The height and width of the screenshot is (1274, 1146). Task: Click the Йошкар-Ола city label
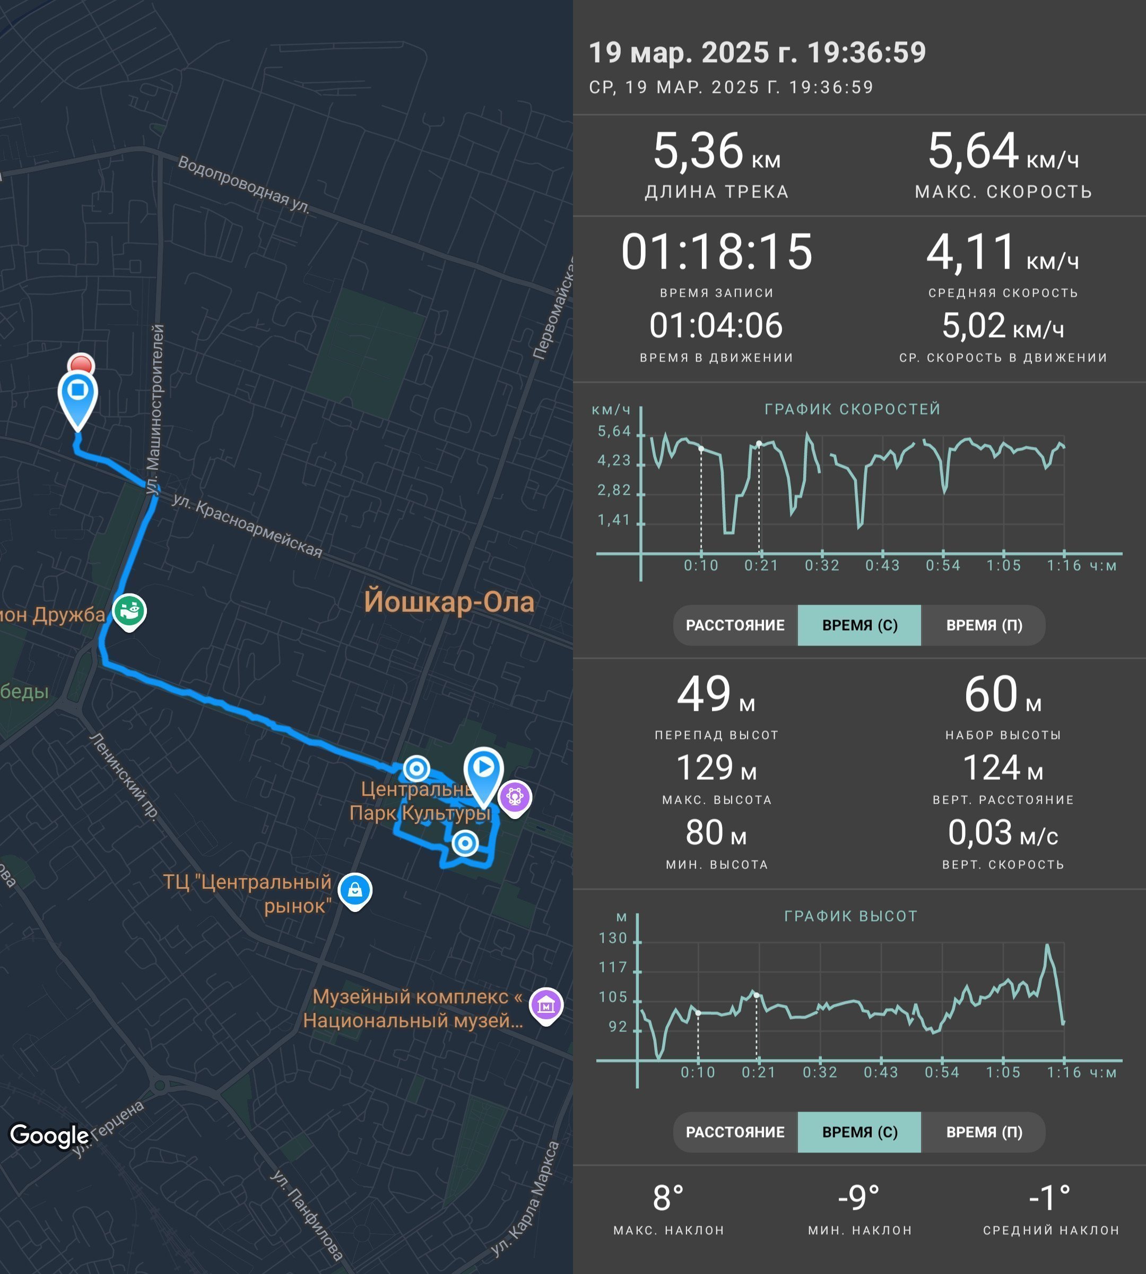(x=449, y=602)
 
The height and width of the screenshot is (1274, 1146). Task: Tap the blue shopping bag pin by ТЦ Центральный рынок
(x=355, y=891)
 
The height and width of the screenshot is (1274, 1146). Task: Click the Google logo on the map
(x=49, y=1135)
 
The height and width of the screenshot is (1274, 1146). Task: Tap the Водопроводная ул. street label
(x=244, y=186)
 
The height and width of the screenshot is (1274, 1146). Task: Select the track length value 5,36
(x=698, y=151)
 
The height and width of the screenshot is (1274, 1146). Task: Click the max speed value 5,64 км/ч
(x=1003, y=151)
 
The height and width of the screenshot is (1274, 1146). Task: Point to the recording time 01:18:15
(x=717, y=252)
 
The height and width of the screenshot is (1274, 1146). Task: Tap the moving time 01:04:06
(x=716, y=326)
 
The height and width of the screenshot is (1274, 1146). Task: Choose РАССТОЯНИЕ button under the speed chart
(x=735, y=625)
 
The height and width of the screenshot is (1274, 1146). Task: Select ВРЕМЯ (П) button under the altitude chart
(x=984, y=1132)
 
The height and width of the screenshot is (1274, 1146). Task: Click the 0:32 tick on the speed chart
(x=822, y=565)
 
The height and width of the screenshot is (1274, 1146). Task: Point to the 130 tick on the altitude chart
(x=613, y=938)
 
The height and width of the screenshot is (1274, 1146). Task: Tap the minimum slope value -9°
(x=859, y=1199)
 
